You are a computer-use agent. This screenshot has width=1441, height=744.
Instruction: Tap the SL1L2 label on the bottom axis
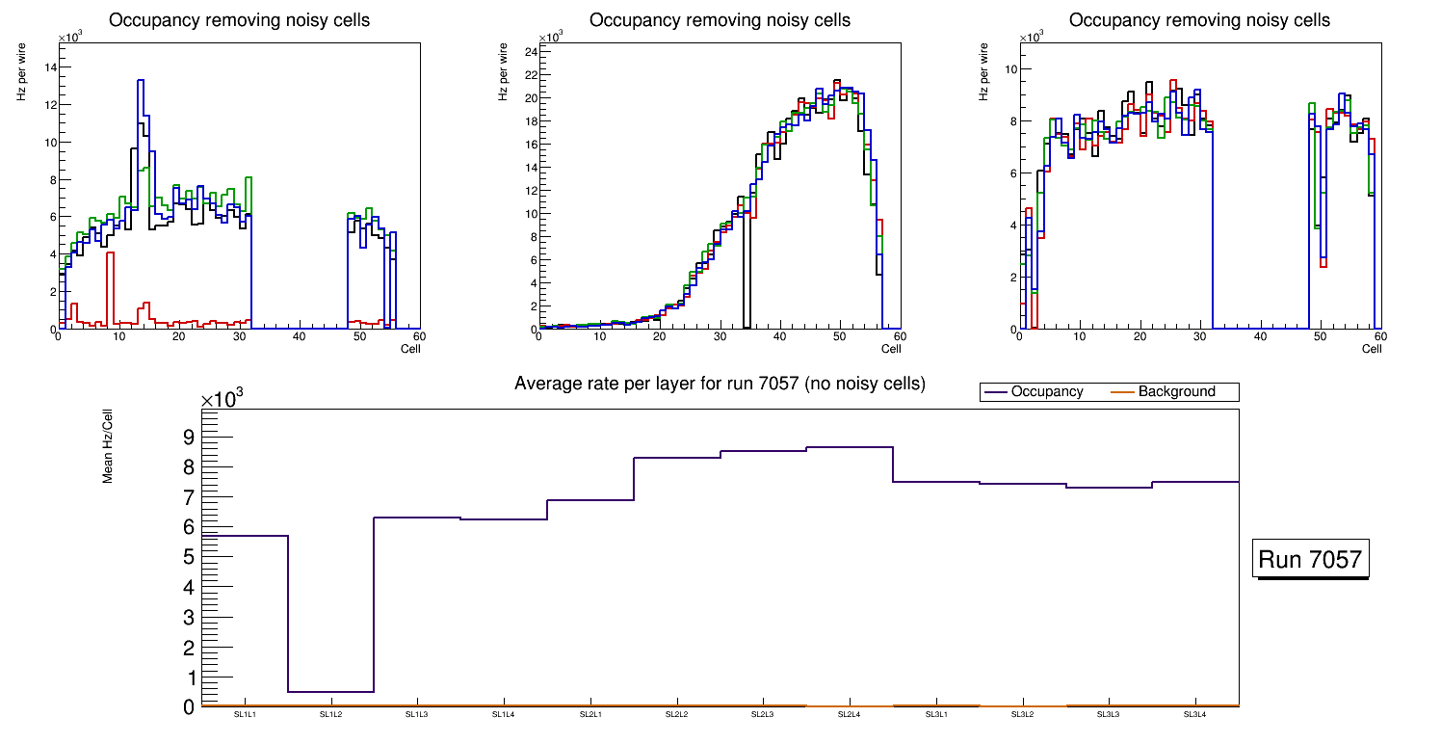pos(330,715)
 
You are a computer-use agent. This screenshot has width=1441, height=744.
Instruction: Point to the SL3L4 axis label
pos(1194,715)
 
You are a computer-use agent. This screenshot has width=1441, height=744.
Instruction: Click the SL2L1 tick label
pos(589,715)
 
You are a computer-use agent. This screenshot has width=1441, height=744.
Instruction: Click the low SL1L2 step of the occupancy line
pos(330,692)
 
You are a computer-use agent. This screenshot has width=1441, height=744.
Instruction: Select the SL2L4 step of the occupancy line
pos(849,447)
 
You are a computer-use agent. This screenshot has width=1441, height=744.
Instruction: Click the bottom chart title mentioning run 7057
pos(720,384)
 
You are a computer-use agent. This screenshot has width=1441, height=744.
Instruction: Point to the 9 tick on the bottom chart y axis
pos(188,438)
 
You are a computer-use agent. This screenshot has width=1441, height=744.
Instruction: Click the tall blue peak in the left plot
pos(141,82)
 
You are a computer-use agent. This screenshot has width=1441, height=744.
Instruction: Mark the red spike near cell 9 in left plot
pos(111,254)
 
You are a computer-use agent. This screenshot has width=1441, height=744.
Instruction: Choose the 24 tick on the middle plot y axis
pos(528,52)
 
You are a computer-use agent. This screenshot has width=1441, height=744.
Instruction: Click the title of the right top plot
pos(1199,20)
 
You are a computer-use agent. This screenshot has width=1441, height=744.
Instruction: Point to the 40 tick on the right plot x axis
pos(1260,337)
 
